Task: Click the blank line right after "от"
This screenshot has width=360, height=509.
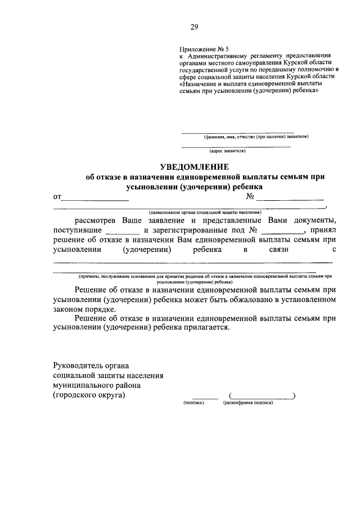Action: point(95,199)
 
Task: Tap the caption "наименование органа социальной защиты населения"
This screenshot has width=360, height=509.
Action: point(205,213)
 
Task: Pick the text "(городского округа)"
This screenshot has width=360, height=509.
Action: point(89,395)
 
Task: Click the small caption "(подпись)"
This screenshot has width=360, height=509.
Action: point(193,403)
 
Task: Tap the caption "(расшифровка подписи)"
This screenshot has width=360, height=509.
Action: point(247,403)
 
